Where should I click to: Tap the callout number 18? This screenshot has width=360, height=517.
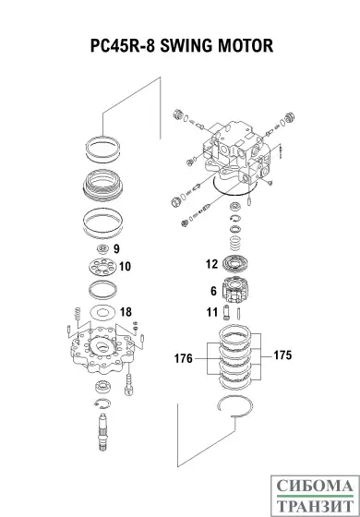click(126, 311)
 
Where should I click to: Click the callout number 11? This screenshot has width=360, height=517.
click(211, 313)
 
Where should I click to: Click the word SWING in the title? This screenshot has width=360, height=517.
click(183, 44)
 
